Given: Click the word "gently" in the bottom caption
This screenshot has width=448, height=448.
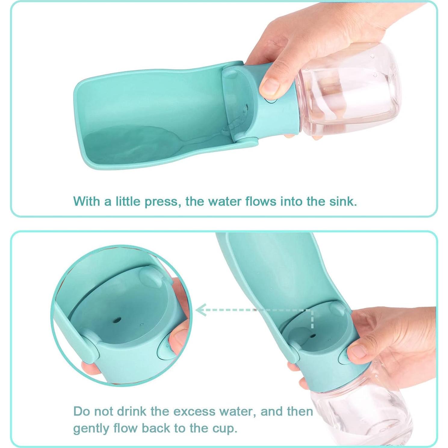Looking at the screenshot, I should [x=91, y=429].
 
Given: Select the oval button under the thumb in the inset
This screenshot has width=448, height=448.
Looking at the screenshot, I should [x=164, y=348].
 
